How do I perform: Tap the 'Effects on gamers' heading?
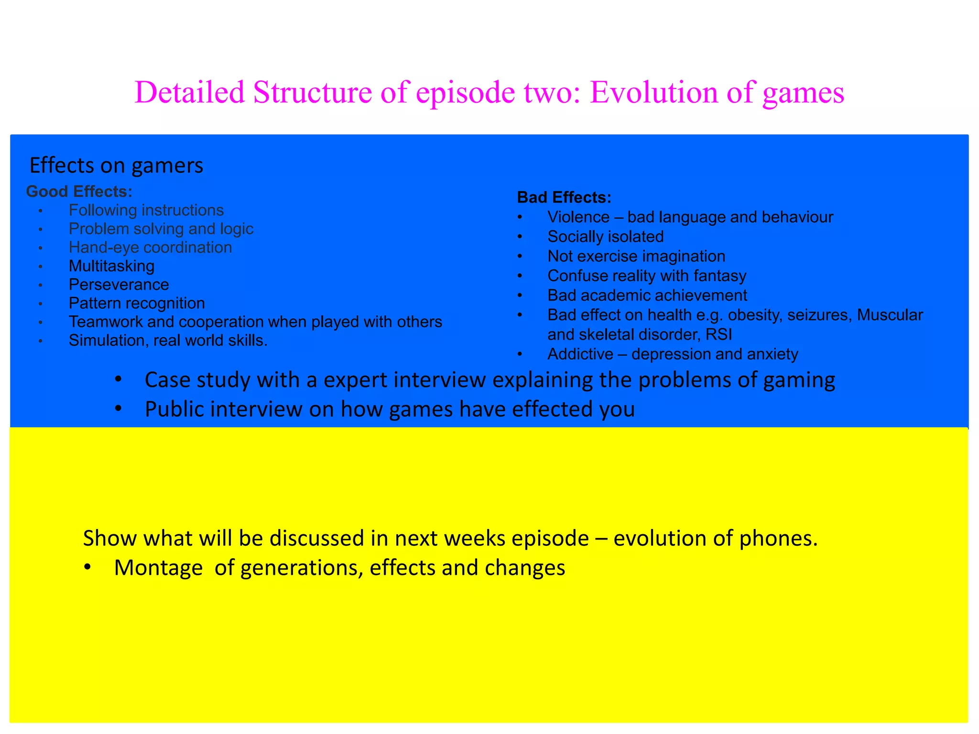point(116,166)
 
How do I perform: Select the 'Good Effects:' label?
point(79,192)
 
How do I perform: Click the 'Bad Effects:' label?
point(564,197)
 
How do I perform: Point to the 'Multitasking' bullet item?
point(111,266)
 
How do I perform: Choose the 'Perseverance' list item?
point(119,285)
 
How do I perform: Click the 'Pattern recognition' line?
point(137,303)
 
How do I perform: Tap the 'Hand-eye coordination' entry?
point(150,248)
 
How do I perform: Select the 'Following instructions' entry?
point(146,210)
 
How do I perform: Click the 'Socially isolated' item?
point(605,237)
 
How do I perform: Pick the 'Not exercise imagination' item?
point(636,256)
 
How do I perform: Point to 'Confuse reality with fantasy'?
point(647,276)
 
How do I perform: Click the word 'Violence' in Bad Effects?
point(578,217)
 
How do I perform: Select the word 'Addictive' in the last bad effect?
point(580,354)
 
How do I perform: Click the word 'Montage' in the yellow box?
point(158,568)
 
